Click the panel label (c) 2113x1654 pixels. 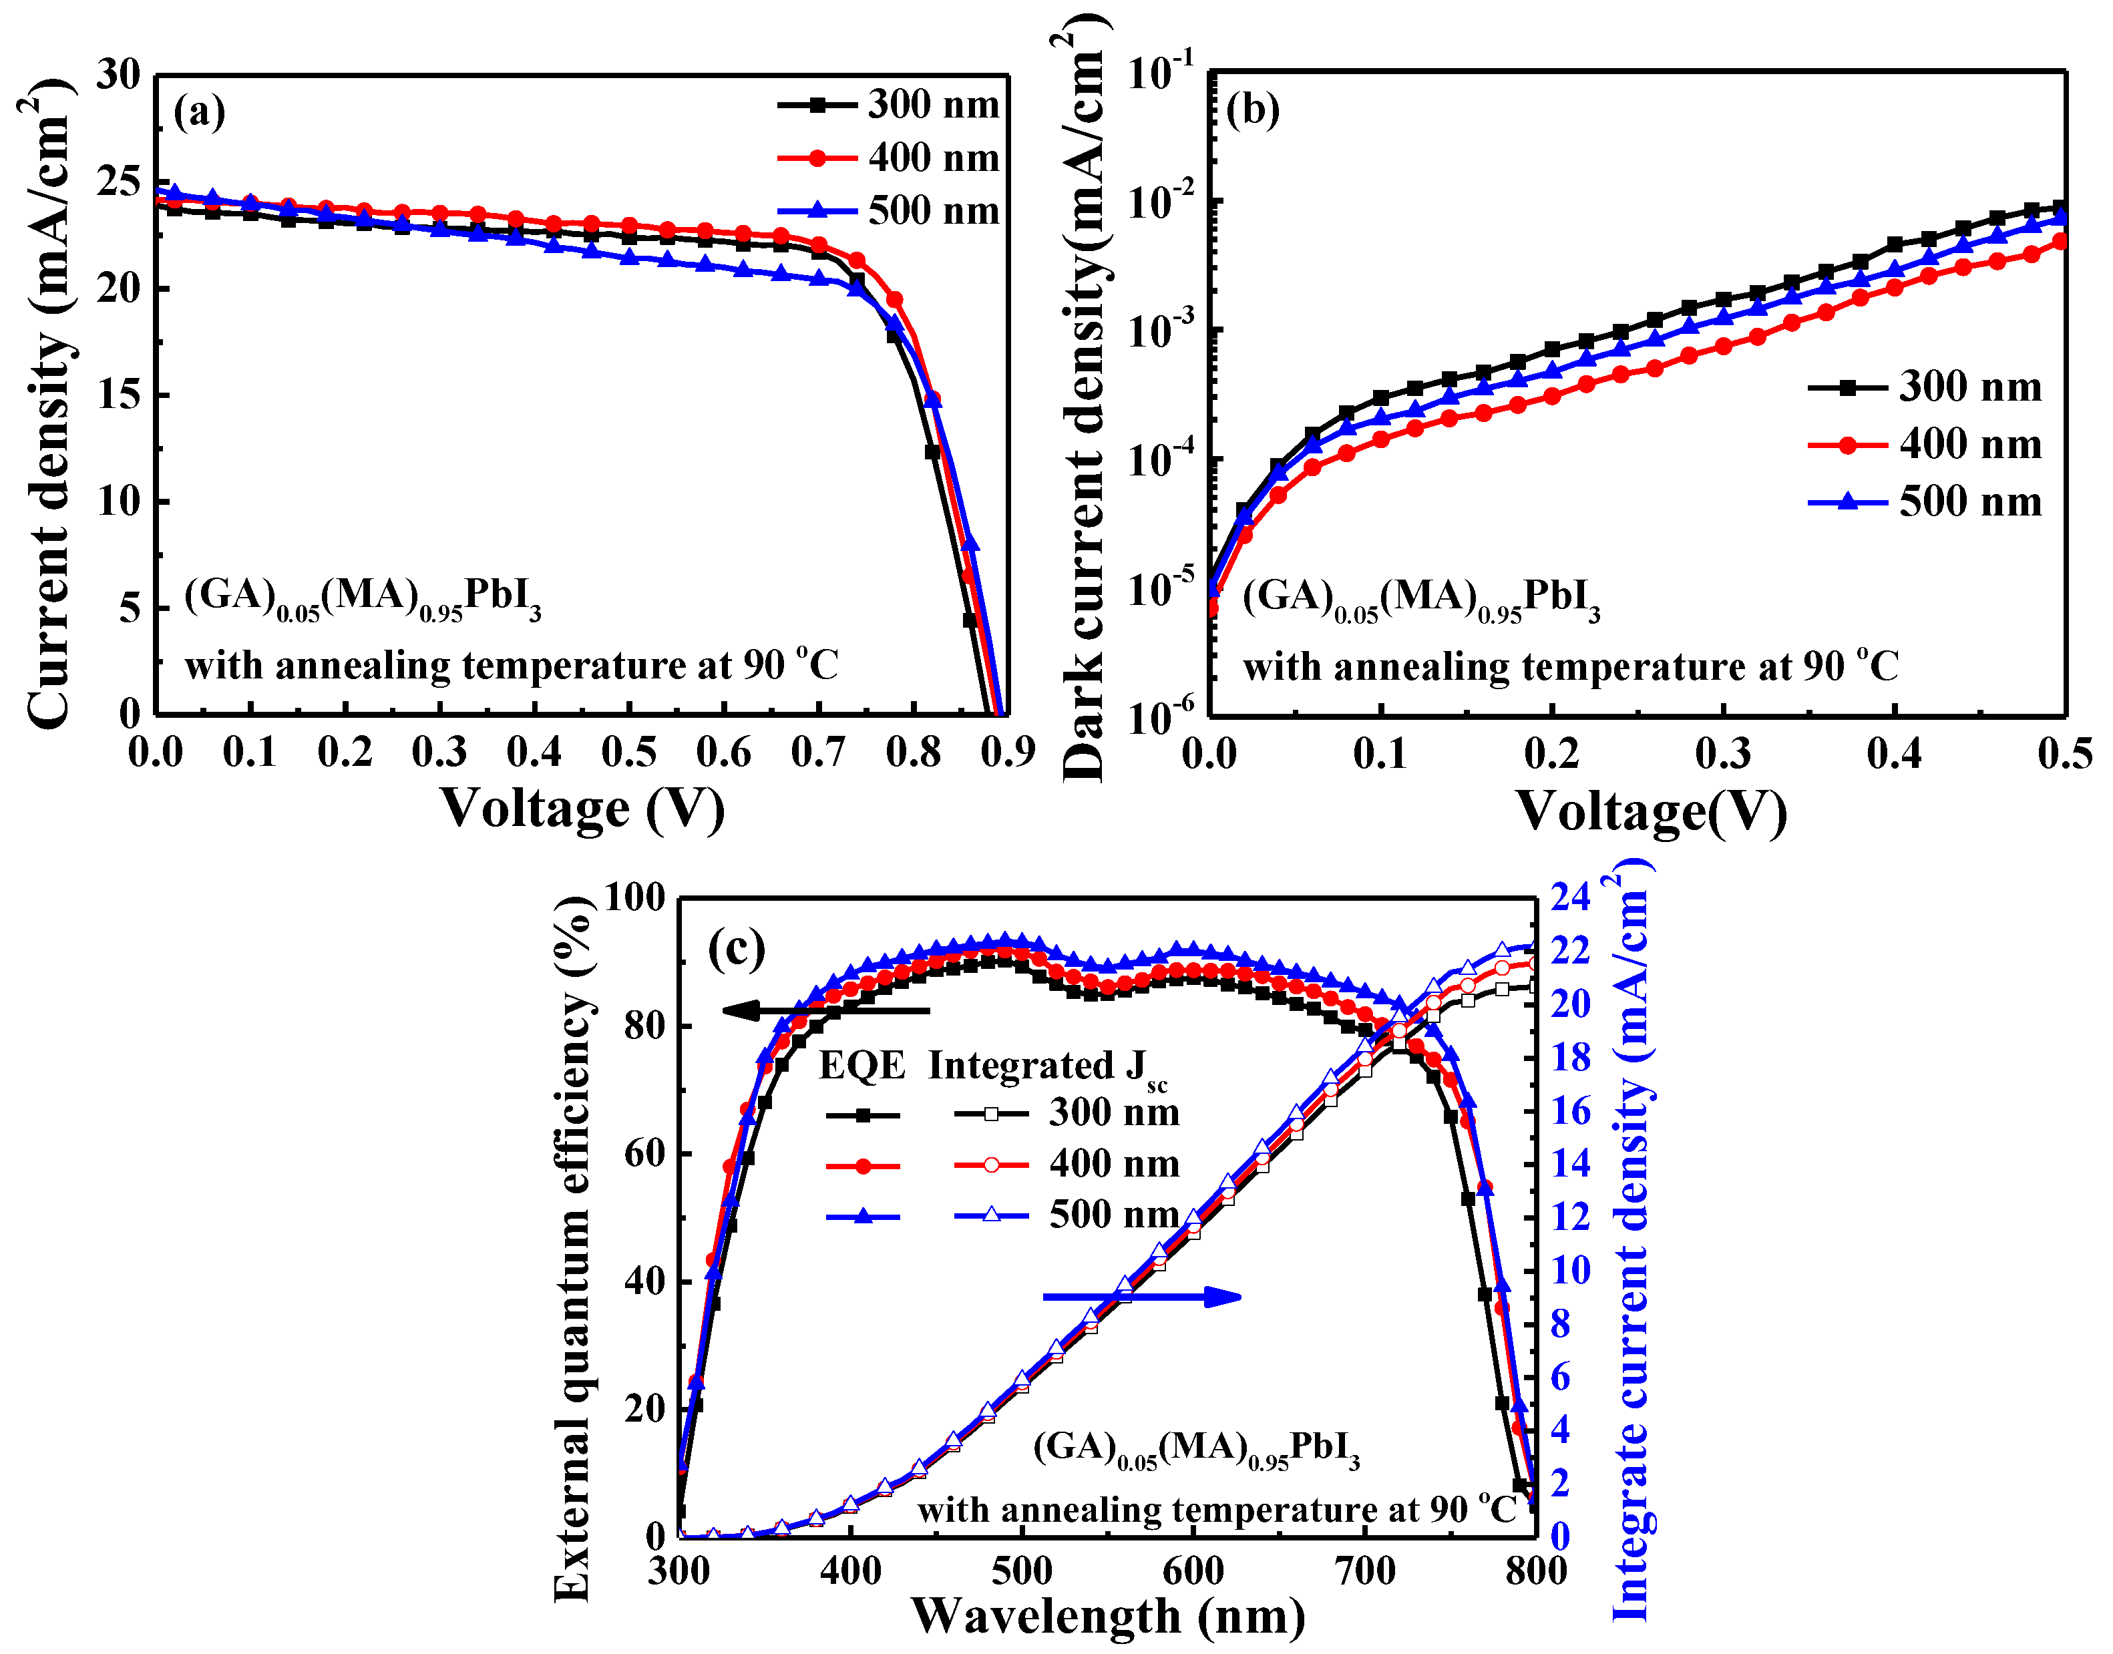(x=736, y=948)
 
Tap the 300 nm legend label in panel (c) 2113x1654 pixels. (x=1114, y=1112)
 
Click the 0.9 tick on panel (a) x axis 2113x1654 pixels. (x=1007, y=753)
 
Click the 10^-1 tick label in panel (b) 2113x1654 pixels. (x=1160, y=71)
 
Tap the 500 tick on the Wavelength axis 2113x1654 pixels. (x=1022, y=1571)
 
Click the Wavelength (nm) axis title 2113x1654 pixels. (x=1108, y=1616)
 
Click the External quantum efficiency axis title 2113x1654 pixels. (x=572, y=1249)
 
